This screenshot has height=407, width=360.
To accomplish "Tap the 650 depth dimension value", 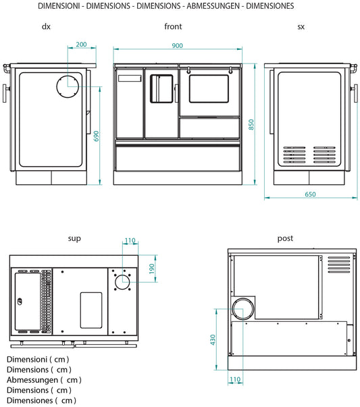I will tap(309, 194).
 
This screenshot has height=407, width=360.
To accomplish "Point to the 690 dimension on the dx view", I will tap(96, 136).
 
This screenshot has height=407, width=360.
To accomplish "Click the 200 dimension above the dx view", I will tap(81, 45).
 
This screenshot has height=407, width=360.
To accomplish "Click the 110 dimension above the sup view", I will tap(130, 241).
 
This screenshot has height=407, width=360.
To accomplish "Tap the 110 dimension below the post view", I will tap(235, 380).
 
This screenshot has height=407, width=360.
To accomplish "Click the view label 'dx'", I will tap(45, 27).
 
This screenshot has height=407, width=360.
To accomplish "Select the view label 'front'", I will tap(173, 27).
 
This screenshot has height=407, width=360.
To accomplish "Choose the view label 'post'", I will tap(285, 238).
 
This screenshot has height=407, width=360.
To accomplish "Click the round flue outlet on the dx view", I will tap(68, 85).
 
